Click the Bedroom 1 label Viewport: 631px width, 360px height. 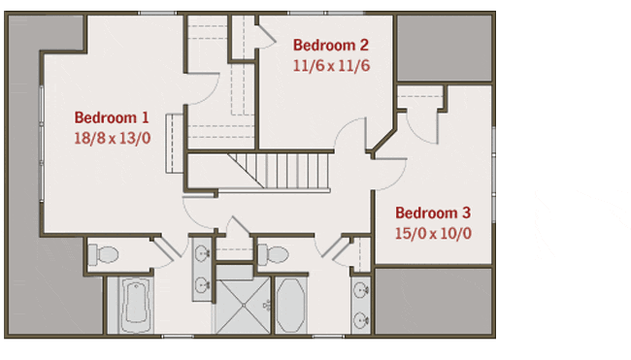[x=112, y=117]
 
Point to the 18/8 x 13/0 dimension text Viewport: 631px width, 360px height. [x=113, y=139]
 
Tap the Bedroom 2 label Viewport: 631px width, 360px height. [x=330, y=45]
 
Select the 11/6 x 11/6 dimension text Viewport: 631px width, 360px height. [x=331, y=66]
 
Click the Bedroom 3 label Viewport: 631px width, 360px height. [x=433, y=213]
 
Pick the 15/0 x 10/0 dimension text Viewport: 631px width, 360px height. [x=433, y=233]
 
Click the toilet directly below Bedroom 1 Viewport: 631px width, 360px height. [x=103, y=254]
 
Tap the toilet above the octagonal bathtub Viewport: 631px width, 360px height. [x=273, y=254]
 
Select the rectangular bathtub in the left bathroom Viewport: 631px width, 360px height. [x=136, y=306]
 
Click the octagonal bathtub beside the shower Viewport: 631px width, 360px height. [x=290, y=306]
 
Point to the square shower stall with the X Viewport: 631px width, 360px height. [x=243, y=306]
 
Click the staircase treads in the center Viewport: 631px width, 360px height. [x=287, y=171]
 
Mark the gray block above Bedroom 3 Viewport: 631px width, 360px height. [x=445, y=48]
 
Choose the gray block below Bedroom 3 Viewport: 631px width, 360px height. [x=433, y=301]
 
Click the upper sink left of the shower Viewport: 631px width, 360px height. [x=202, y=253]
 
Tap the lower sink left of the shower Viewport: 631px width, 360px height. [x=202, y=285]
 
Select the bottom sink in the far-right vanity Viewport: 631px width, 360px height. [x=360, y=320]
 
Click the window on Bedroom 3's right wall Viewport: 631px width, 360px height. [x=494, y=174]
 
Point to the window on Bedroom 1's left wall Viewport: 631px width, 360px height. [x=42, y=143]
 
